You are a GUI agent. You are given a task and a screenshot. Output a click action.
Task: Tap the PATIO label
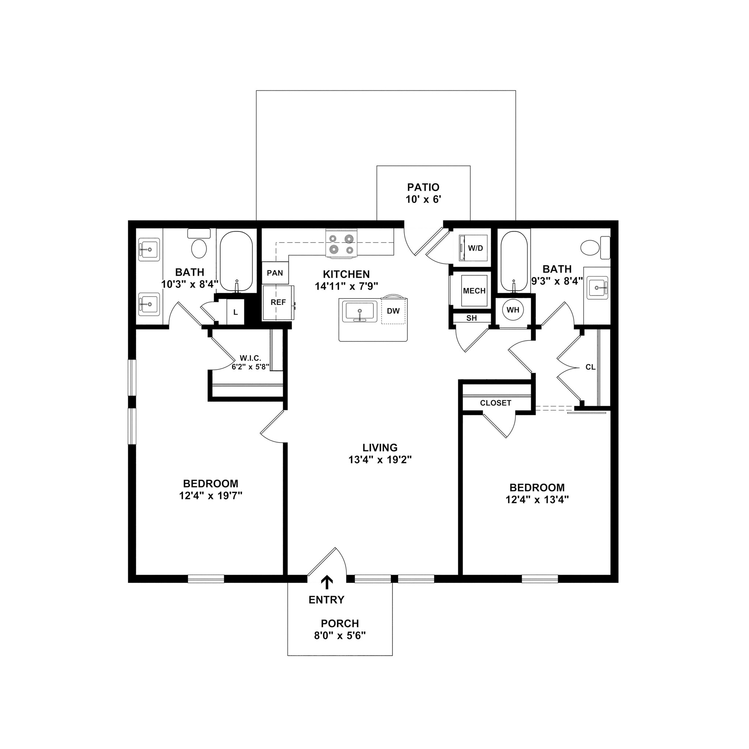coord(423,187)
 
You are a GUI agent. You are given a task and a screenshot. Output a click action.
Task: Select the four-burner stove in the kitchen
coord(341,245)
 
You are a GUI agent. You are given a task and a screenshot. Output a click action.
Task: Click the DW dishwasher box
coord(393,311)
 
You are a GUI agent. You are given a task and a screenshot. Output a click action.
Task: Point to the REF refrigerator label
coord(278,302)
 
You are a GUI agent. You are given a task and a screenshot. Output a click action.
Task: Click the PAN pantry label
coord(275,273)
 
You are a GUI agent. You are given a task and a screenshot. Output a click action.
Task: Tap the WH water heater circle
coord(513,310)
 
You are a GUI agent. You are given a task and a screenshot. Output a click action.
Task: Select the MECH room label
coord(474,291)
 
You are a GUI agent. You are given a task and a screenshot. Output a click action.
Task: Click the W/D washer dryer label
coord(476,248)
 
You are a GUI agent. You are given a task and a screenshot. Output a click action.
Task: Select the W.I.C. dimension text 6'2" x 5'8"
coord(251,367)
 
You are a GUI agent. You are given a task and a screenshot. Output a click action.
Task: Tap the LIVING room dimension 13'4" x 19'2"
coord(380,460)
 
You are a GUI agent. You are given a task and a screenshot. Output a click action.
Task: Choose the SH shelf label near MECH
coord(471,318)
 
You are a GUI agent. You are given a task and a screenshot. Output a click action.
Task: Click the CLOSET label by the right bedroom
coord(496,403)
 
